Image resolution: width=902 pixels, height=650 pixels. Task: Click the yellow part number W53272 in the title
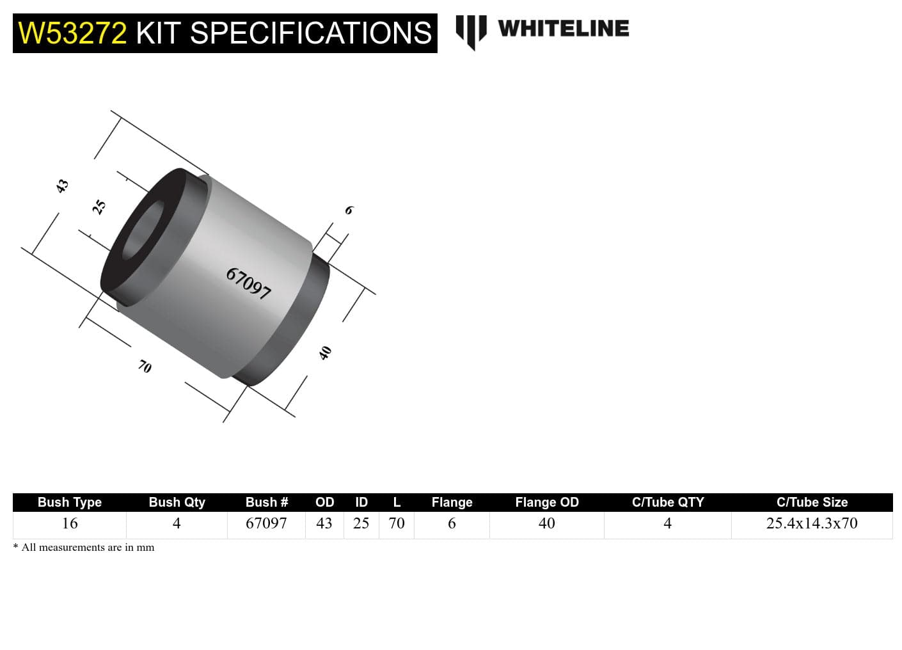(x=72, y=33)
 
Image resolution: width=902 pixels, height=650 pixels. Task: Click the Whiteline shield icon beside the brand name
(x=471, y=31)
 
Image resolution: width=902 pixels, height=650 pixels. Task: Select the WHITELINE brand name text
(x=563, y=29)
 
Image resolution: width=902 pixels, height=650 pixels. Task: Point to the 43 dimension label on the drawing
(x=61, y=186)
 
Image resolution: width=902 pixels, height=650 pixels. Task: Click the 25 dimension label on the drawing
(x=99, y=207)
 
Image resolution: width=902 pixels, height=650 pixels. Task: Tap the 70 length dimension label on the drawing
(x=145, y=367)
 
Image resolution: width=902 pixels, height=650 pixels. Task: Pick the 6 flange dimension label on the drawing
(x=349, y=210)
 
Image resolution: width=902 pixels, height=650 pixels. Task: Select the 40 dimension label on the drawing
(x=326, y=353)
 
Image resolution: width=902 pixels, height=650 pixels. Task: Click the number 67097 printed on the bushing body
(x=249, y=283)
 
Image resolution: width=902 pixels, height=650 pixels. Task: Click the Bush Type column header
(x=69, y=502)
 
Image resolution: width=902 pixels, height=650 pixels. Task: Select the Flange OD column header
(x=546, y=502)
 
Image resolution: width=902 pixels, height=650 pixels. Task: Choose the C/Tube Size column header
(x=811, y=502)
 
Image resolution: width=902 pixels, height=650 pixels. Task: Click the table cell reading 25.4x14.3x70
(x=811, y=523)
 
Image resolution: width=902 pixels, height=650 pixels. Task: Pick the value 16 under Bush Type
(x=69, y=523)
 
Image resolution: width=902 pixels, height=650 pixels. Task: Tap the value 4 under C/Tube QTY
(x=667, y=523)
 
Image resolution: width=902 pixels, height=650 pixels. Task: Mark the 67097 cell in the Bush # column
(x=266, y=523)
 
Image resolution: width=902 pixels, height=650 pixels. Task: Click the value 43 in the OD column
(x=324, y=523)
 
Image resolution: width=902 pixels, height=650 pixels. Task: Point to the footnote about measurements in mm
(x=84, y=548)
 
